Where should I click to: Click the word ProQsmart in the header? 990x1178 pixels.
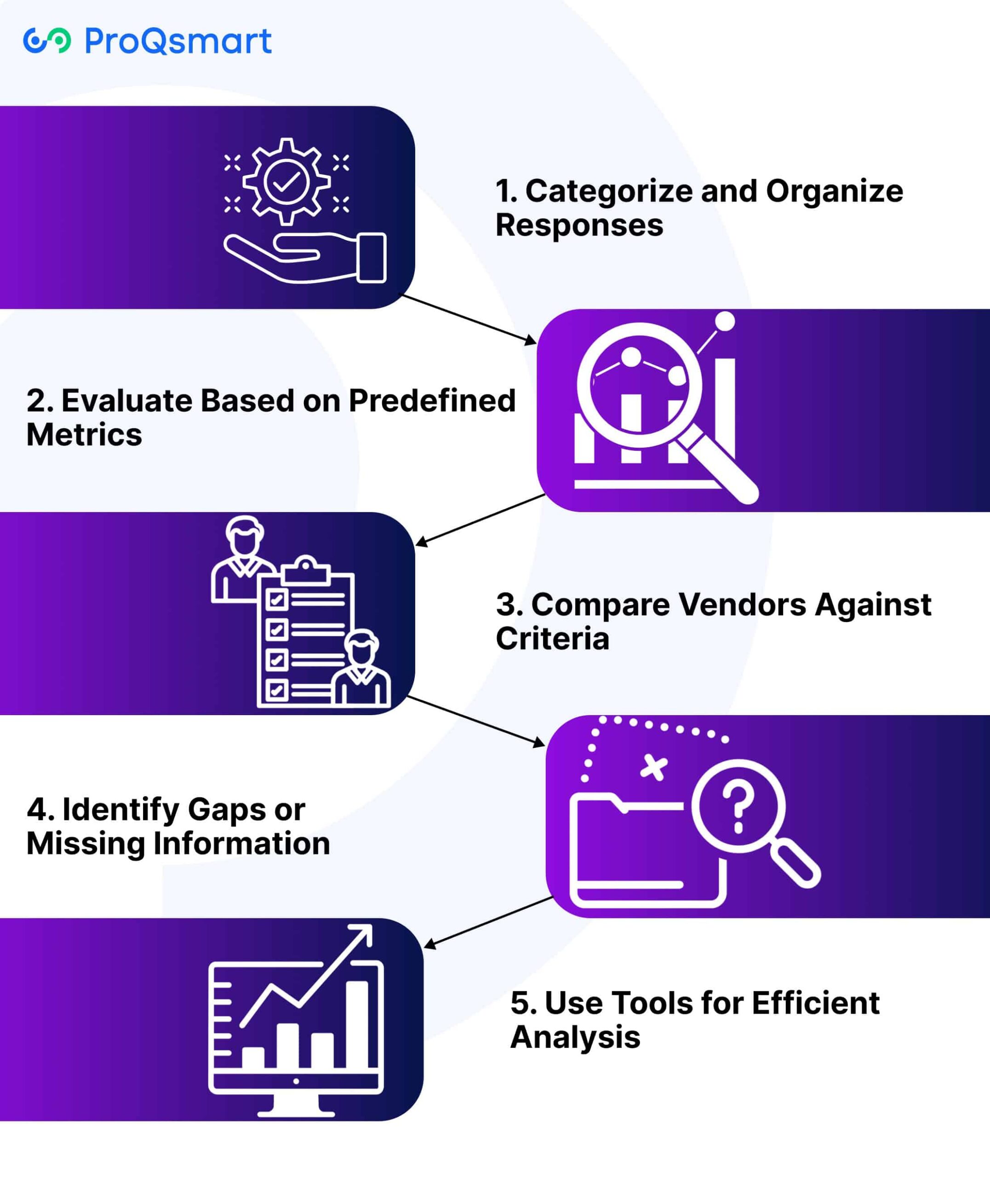point(178,41)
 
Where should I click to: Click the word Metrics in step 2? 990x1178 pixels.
point(84,435)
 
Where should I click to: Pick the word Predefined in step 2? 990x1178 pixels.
point(432,401)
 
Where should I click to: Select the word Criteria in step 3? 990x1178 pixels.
point(552,639)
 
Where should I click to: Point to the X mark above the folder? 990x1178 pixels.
point(654,768)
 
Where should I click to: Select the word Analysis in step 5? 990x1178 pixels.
point(575,1037)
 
